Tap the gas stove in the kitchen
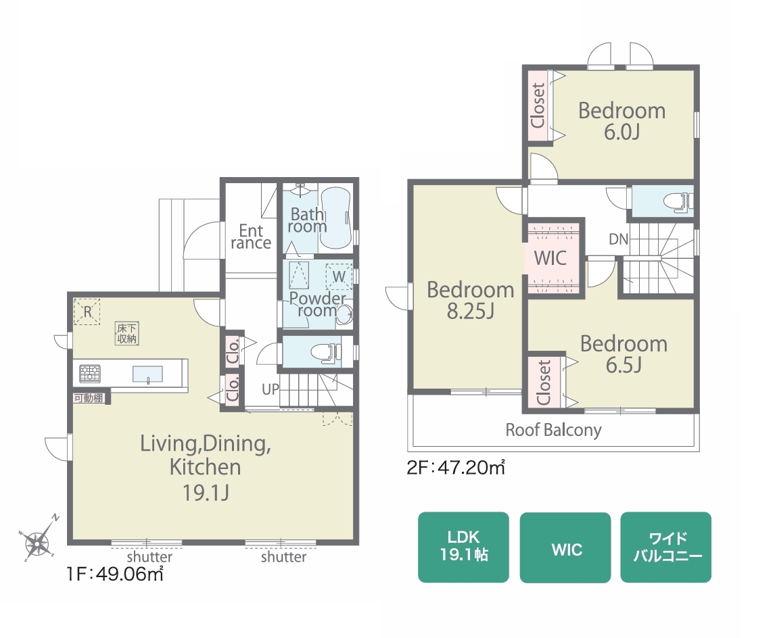pos(90,373)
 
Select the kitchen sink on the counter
pos(147,374)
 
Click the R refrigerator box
pos(87,312)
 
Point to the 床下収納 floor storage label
pos(126,333)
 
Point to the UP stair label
pos(271,389)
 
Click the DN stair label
pos(618,239)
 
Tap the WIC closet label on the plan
pos(550,257)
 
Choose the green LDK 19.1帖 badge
pos(463,547)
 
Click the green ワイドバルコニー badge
pos(665,547)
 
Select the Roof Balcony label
pos(554,430)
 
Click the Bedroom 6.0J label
pos(621,121)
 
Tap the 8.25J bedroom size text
pos(471,312)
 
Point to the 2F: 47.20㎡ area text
pos(456,467)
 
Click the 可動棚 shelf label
pos(89,397)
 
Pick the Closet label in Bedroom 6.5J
pos(543,383)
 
